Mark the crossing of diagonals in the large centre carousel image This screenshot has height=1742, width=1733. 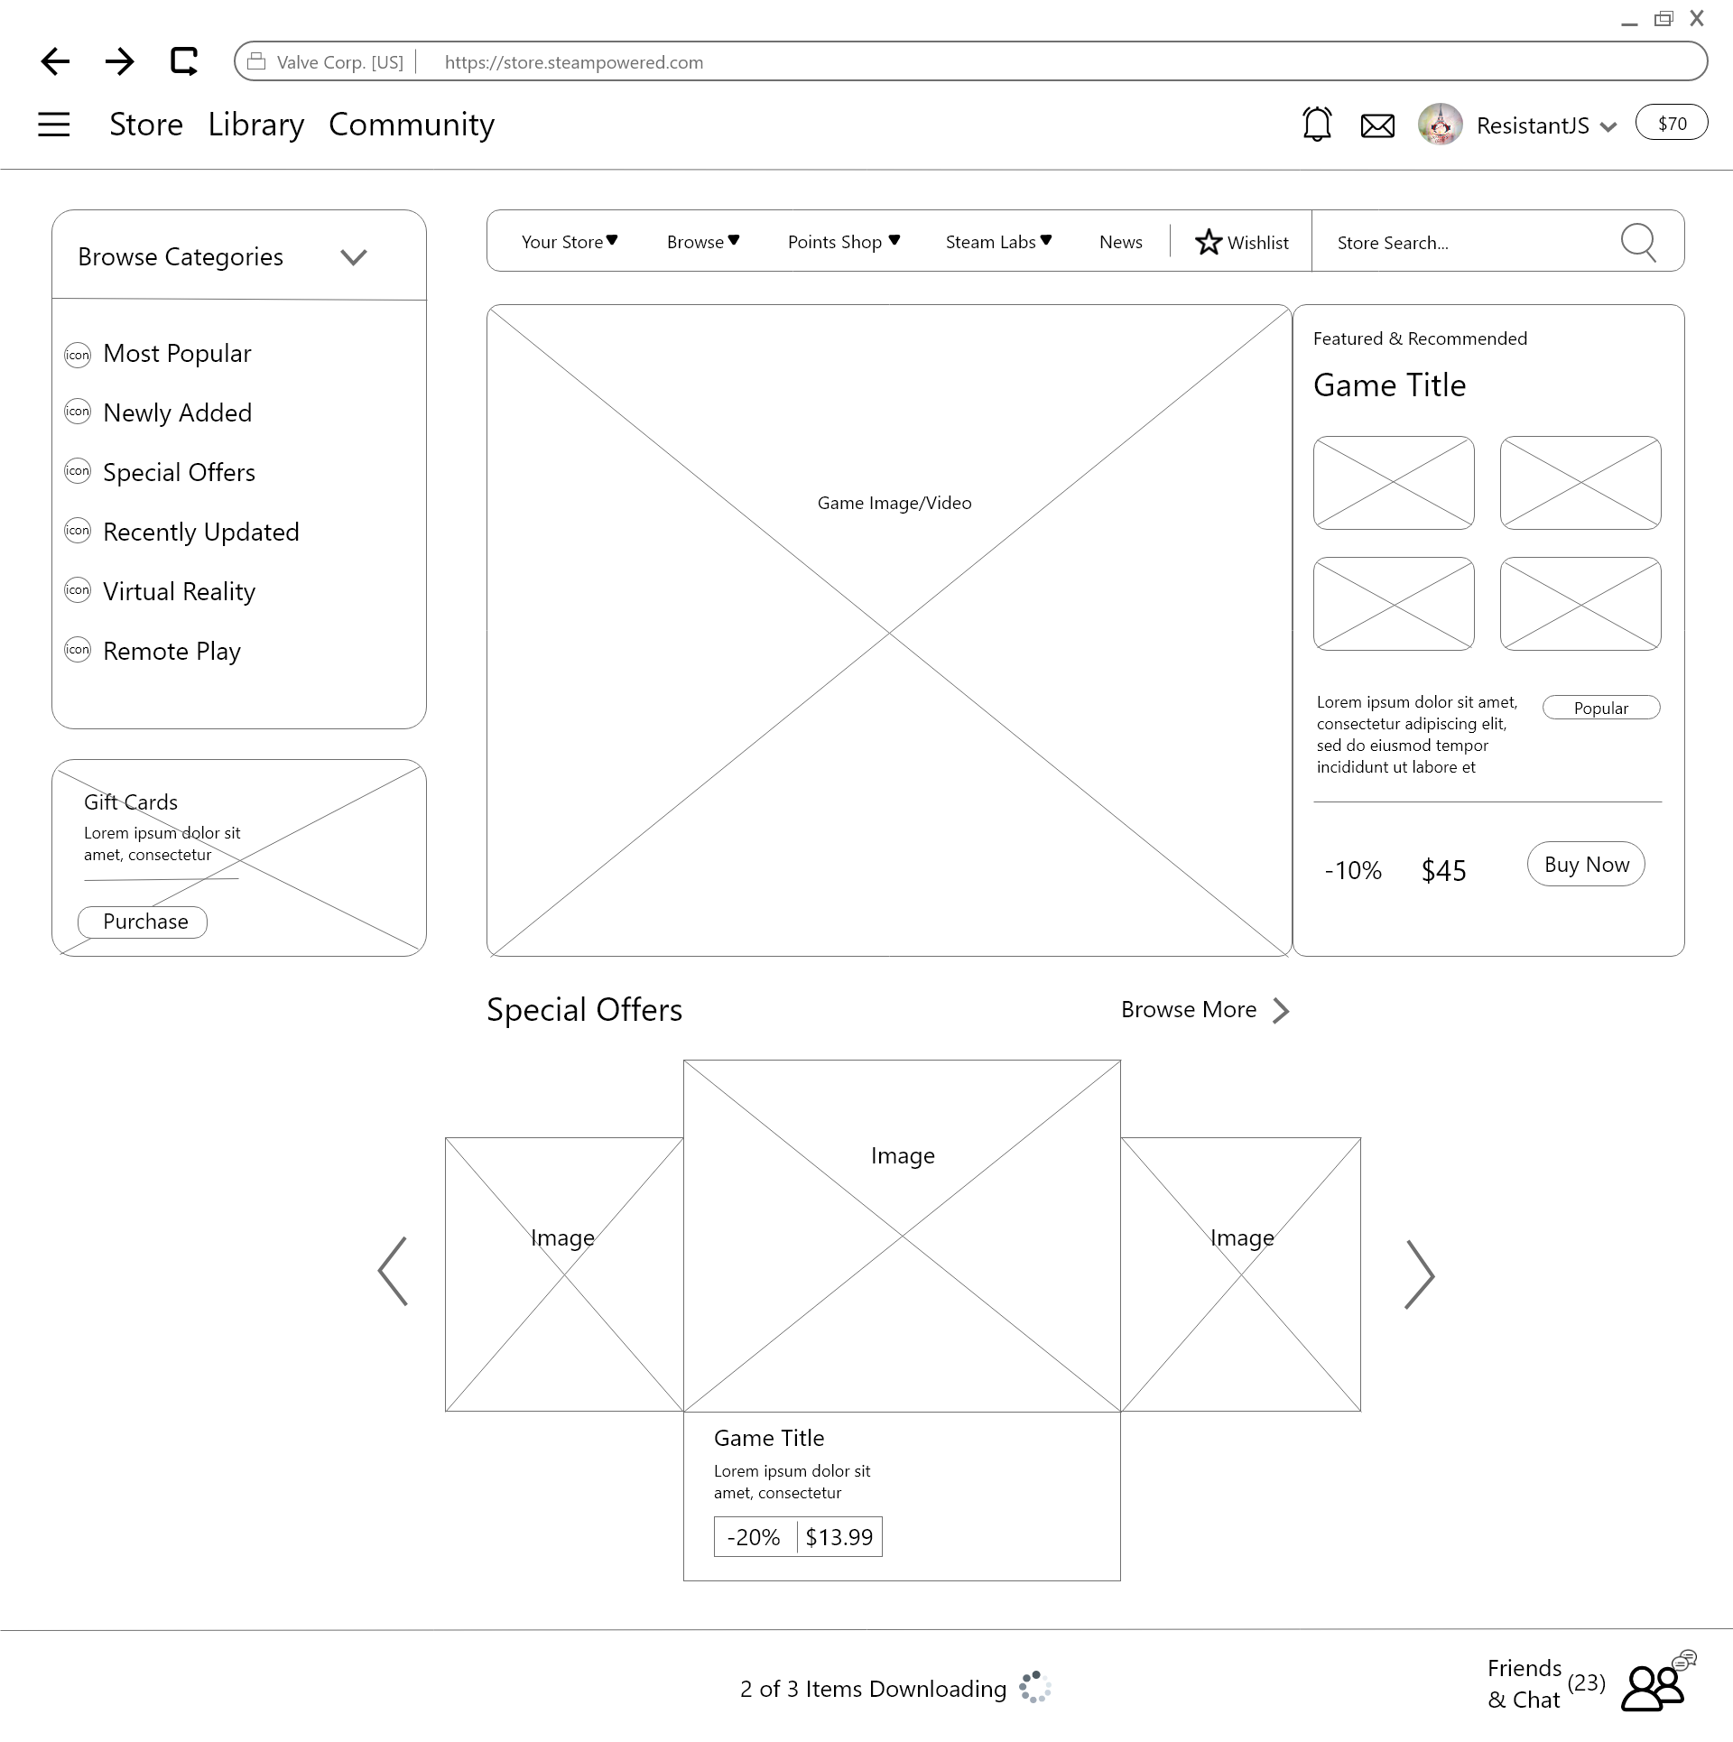pyautogui.click(x=902, y=1236)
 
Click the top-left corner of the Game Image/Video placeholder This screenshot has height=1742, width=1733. pyautogui.click(x=487, y=305)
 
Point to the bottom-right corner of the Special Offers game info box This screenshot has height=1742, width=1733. pyautogui.click(x=1120, y=1580)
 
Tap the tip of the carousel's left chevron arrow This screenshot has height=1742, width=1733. pyautogui.click(x=379, y=1271)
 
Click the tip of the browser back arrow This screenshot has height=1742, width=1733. pyautogui.click(x=42, y=61)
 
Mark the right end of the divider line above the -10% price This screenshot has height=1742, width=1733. pyautogui.click(x=1662, y=802)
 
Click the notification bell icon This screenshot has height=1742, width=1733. pyautogui.click(x=1317, y=124)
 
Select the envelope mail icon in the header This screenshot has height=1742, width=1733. pyautogui.click(x=1377, y=125)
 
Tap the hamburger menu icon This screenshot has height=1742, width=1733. pyautogui.click(x=54, y=124)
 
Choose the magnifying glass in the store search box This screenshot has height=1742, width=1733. pyautogui.click(x=1638, y=242)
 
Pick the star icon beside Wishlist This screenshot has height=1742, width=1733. pyautogui.click(x=1209, y=242)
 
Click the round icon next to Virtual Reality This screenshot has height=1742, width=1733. pyautogui.click(x=78, y=590)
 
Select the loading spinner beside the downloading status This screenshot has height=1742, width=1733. pyautogui.click(x=1035, y=1687)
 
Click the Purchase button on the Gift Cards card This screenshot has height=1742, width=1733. pyautogui.click(x=143, y=922)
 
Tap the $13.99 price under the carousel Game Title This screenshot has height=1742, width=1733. pyautogui.click(x=839, y=1537)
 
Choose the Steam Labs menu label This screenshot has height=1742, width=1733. pyautogui.click(x=990, y=242)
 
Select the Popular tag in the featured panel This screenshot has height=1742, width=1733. pyautogui.click(x=1601, y=708)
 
